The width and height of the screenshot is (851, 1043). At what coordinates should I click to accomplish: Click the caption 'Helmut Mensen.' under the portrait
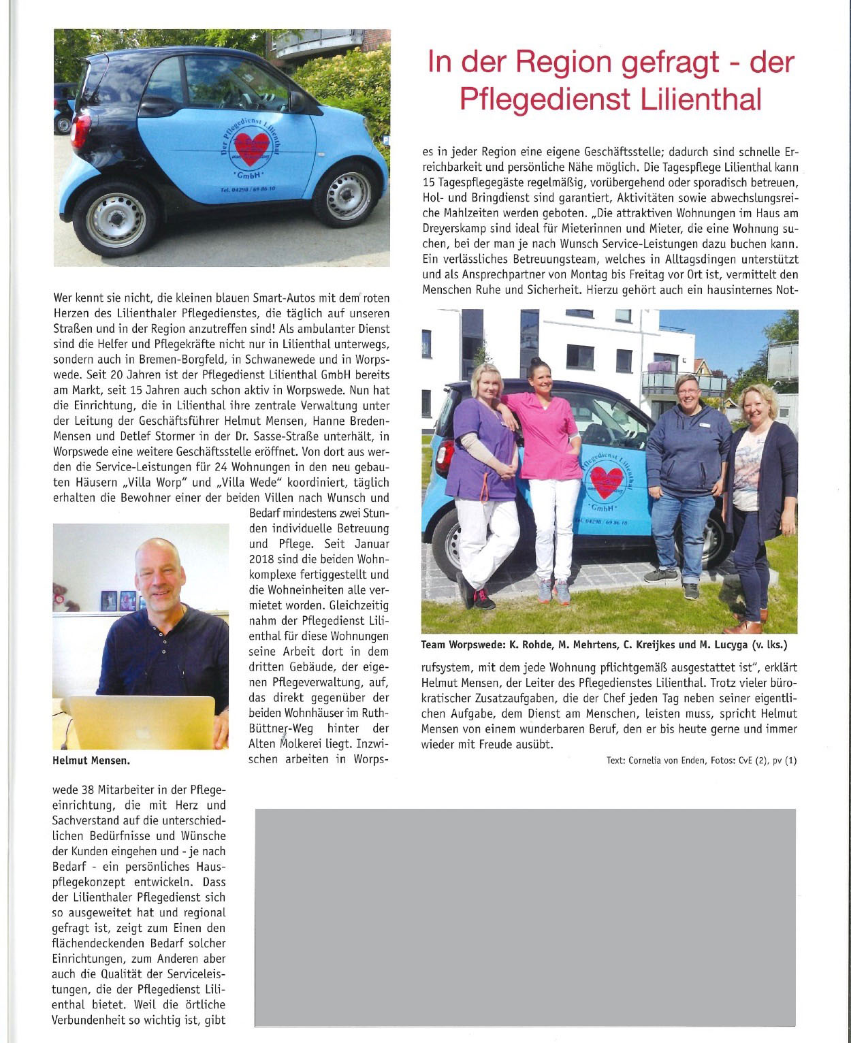90,758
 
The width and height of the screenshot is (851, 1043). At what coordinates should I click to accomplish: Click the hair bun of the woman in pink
535,361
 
